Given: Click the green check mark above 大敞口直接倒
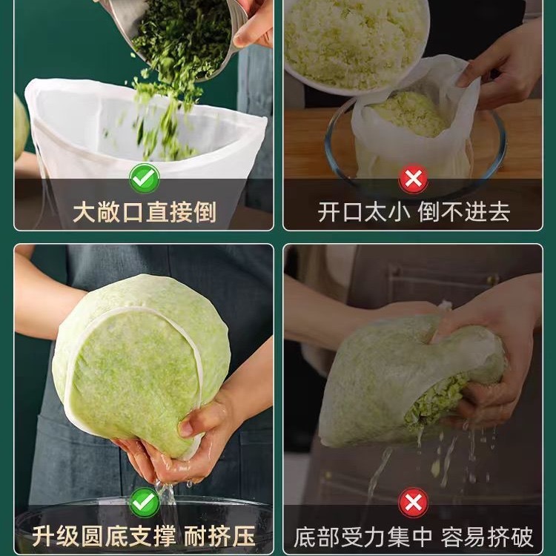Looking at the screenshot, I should (x=144, y=178).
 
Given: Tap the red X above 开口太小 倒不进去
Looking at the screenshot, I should (x=413, y=178).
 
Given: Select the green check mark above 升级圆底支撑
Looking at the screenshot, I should (x=144, y=502).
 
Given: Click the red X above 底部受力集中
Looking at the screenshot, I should (x=413, y=503).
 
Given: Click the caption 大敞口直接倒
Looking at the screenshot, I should (x=144, y=212).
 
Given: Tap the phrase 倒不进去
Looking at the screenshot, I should (x=464, y=212).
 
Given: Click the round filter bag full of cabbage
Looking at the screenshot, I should (x=141, y=356).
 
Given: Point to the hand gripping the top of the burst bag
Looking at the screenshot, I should (x=489, y=319).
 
